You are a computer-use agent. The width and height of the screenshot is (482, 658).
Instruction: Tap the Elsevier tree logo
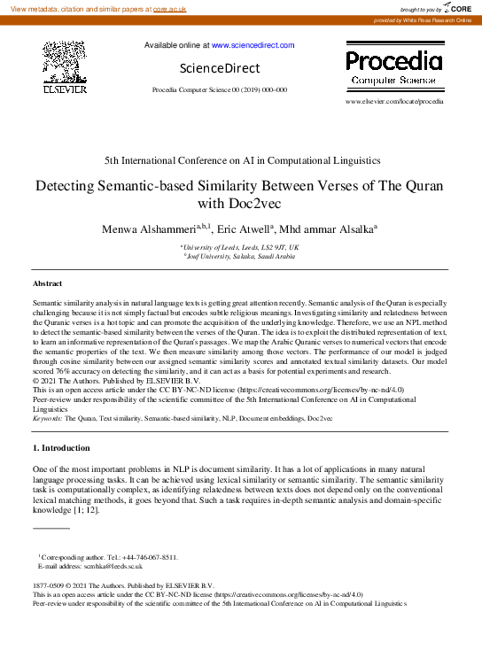65,65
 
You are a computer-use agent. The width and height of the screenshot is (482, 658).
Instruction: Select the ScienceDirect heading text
219,68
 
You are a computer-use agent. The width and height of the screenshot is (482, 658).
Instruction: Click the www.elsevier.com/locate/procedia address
394,102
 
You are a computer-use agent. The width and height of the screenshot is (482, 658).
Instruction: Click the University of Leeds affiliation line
240,247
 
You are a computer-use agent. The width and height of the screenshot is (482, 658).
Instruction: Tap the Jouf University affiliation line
240,256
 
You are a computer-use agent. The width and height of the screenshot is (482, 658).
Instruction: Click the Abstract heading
47,283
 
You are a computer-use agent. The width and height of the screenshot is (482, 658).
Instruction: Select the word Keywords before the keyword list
50,416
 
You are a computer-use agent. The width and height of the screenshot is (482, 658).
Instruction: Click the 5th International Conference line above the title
241,160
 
